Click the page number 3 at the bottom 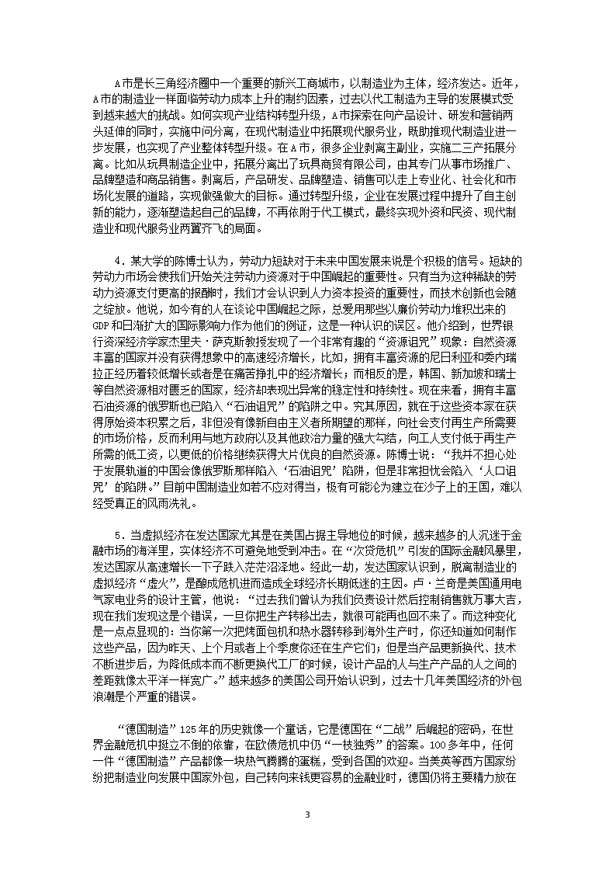point(308,836)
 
